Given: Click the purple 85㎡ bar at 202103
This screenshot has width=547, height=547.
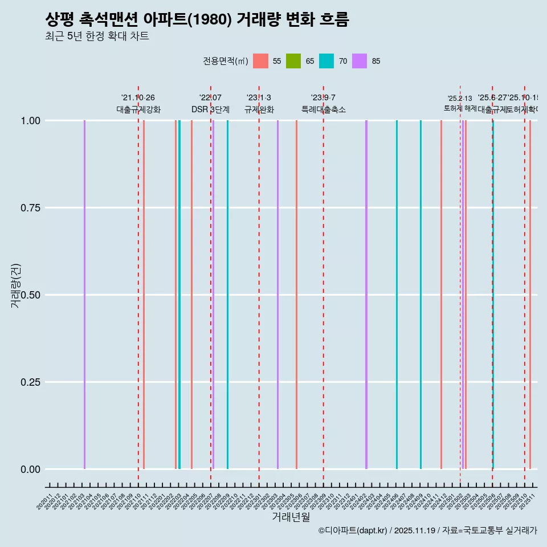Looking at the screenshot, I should point(84,295).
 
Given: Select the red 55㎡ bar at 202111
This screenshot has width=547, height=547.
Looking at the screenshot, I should point(144,295).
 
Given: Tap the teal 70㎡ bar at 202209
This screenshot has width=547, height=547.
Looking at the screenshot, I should point(227,295).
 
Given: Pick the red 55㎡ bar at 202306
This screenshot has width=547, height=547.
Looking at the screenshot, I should point(296,295).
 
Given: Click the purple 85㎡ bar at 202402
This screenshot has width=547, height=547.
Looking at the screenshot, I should point(366,295).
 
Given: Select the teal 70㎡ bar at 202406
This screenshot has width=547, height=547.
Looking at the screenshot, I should point(397,295).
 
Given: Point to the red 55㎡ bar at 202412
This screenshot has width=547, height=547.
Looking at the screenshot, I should point(441,295).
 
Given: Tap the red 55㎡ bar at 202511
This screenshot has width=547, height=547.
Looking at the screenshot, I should point(530,295).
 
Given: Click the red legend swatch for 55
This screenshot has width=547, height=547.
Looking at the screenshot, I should point(260,61).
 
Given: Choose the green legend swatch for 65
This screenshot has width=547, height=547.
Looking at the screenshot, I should point(293,61).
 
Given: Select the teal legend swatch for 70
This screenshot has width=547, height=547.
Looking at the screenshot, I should point(326,61).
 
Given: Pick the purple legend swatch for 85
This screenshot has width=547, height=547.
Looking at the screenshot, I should point(360,61).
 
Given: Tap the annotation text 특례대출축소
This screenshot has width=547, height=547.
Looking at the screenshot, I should point(323,109).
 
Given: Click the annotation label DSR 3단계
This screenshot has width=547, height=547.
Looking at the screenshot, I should point(210,109).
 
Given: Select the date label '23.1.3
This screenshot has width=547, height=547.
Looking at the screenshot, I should point(259,98).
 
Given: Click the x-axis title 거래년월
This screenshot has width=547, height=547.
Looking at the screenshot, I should point(291,517).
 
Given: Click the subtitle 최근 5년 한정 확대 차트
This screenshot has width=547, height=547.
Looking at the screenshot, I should point(97,36).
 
